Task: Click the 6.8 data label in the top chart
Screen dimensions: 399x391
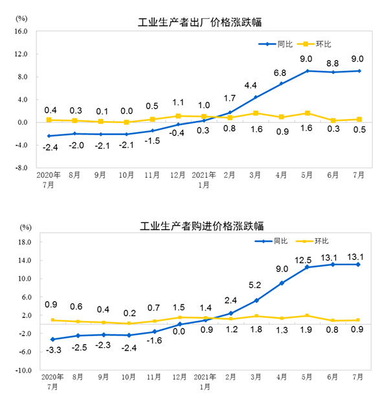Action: coord(280,72)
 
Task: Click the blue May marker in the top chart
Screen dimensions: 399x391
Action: coord(307,70)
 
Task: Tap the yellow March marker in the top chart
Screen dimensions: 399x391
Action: coord(256,113)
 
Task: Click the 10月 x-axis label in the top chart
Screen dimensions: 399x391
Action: coord(126,176)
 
